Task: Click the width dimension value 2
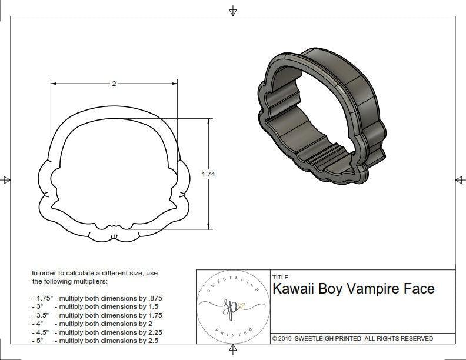tap(114, 84)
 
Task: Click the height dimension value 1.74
tap(208, 174)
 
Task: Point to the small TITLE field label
tap(279, 277)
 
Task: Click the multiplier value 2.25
tap(152, 332)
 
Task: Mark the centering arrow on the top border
tap(233, 11)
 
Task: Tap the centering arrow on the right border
tap(459, 179)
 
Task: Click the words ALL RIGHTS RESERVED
tap(398, 338)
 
